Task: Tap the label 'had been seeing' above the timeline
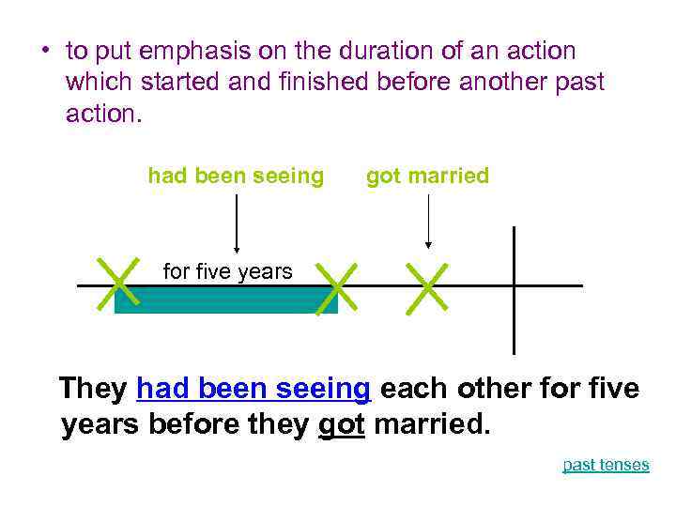click(236, 176)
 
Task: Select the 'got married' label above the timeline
click(427, 176)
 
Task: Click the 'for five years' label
click(228, 272)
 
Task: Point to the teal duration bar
click(225, 300)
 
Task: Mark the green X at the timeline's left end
click(117, 283)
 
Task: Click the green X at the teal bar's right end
click(337, 286)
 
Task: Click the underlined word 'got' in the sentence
click(341, 424)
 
